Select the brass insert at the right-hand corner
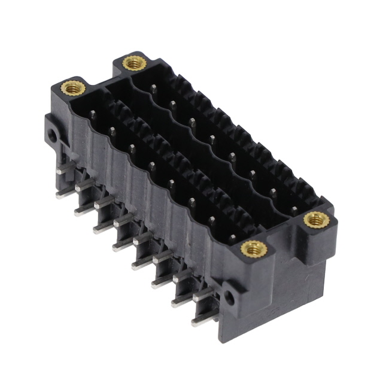pos(315,220)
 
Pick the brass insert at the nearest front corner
pos(253,248)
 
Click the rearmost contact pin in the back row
pos(153,89)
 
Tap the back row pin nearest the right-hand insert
pos(293,209)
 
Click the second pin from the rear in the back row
pos(172,106)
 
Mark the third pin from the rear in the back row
pos(192,123)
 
